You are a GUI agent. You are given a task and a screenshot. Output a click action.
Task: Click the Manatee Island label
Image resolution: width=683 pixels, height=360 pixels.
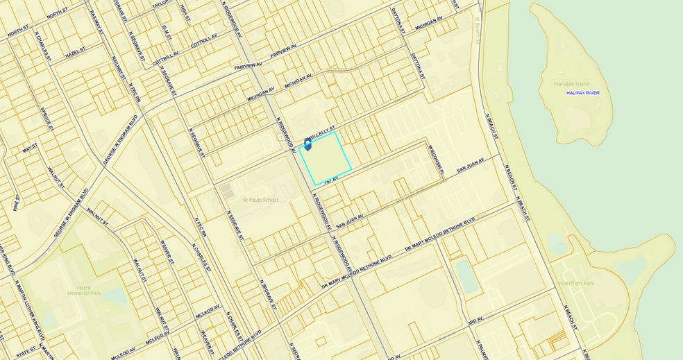coord(571,84)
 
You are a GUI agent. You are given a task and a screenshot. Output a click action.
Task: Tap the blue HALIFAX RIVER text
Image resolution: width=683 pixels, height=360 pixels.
coord(582,92)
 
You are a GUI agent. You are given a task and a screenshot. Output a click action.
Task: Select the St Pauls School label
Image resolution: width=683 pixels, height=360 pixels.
coord(260,200)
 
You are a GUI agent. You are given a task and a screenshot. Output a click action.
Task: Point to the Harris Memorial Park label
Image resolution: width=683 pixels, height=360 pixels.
coord(84,290)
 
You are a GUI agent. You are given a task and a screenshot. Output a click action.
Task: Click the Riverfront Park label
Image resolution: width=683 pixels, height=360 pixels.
coord(575,283)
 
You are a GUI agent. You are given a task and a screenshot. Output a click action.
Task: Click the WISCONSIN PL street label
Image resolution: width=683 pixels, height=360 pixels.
coord(435,157)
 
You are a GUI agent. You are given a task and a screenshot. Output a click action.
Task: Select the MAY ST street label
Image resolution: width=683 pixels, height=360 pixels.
coord(29,148)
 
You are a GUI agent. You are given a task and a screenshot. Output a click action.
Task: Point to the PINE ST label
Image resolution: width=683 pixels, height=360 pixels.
coord(16,202)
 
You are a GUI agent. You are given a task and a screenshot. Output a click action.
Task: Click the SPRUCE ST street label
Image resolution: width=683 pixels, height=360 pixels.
coord(47,119)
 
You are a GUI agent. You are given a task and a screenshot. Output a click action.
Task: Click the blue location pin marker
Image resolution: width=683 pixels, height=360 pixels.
coord(307,144)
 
